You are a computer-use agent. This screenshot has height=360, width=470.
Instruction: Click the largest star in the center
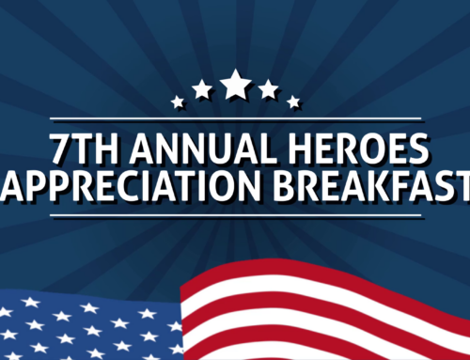[235, 85]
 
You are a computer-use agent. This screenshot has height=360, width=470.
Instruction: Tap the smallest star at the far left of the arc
[178, 102]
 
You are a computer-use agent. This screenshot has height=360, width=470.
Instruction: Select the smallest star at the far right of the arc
[293, 102]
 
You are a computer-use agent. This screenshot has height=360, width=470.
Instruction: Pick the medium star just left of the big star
[202, 89]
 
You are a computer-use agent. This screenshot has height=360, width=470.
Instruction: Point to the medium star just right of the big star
[269, 89]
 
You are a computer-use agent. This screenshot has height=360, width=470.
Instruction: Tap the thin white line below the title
[235, 219]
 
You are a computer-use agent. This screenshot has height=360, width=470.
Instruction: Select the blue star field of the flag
[85, 329]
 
